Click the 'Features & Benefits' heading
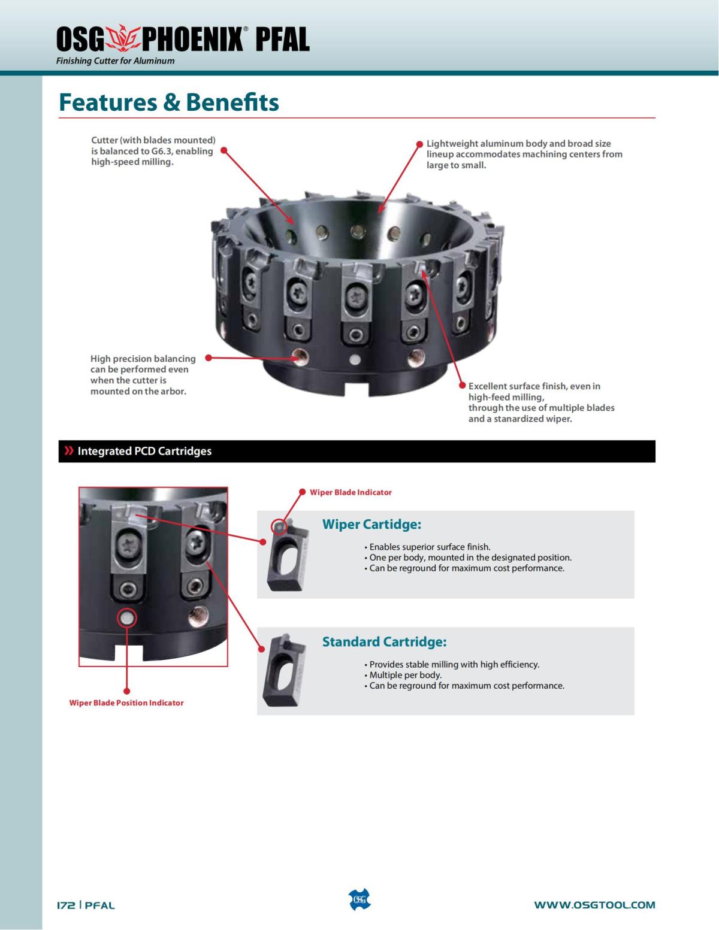click(169, 102)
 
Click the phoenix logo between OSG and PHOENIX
click(122, 39)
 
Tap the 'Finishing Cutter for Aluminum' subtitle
click(115, 60)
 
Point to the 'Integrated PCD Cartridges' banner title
click(144, 451)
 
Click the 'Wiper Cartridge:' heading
click(371, 525)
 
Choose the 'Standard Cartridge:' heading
click(384, 642)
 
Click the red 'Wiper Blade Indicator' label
click(351, 492)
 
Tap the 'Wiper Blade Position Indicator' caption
click(126, 703)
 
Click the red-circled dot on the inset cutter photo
click(126, 618)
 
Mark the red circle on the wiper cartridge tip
click(279, 526)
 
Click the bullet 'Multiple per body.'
click(405, 675)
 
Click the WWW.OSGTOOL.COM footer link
click(594, 905)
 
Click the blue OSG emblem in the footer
click(359, 900)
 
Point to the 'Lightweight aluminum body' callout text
click(524, 155)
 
